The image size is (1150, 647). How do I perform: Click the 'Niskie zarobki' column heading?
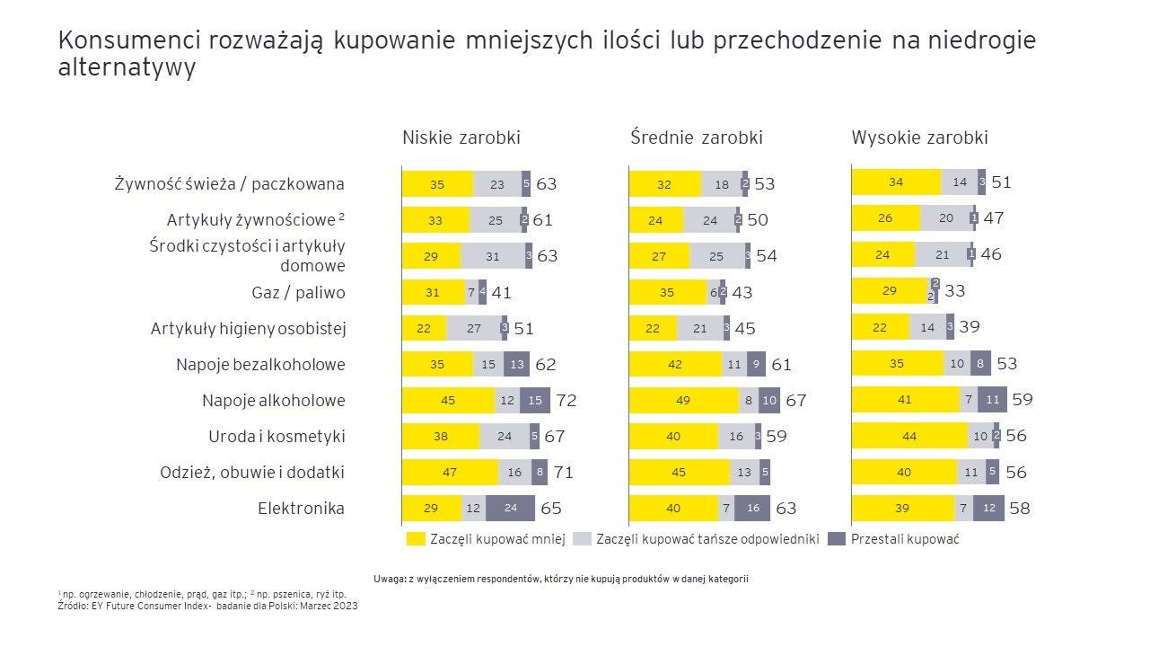(x=461, y=137)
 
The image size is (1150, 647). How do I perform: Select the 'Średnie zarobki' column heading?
(x=696, y=137)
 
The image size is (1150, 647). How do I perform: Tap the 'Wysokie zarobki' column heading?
(x=919, y=137)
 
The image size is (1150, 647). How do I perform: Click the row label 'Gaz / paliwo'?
(x=298, y=293)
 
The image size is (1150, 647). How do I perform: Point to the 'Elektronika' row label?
(x=301, y=509)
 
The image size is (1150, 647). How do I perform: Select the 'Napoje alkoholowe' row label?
(x=273, y=401)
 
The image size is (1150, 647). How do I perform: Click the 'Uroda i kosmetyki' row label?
(x=277, y=437)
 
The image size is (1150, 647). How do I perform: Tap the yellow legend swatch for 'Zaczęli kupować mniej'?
(x=415, y=539)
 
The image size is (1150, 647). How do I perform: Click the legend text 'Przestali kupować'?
(x=905, y=539)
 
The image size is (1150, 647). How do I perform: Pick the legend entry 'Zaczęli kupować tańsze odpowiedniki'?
(x=707, y=539)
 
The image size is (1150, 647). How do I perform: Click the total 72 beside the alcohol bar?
(x=566, y=401)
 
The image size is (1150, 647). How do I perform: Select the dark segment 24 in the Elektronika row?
(x=510, y=509)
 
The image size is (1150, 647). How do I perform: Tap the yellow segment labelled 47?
(x=449, y=473)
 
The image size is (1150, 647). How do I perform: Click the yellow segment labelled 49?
(x=681, y=401)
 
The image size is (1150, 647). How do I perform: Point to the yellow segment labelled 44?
(x=909, y=436)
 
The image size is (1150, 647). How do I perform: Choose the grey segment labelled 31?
(x=492, y=256)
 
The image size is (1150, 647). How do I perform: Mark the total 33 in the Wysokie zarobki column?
(x=954, y=291)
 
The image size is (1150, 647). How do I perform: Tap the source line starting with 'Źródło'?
(x=207, y=605)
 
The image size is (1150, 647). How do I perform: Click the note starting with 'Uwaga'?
(x=560, y=579)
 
